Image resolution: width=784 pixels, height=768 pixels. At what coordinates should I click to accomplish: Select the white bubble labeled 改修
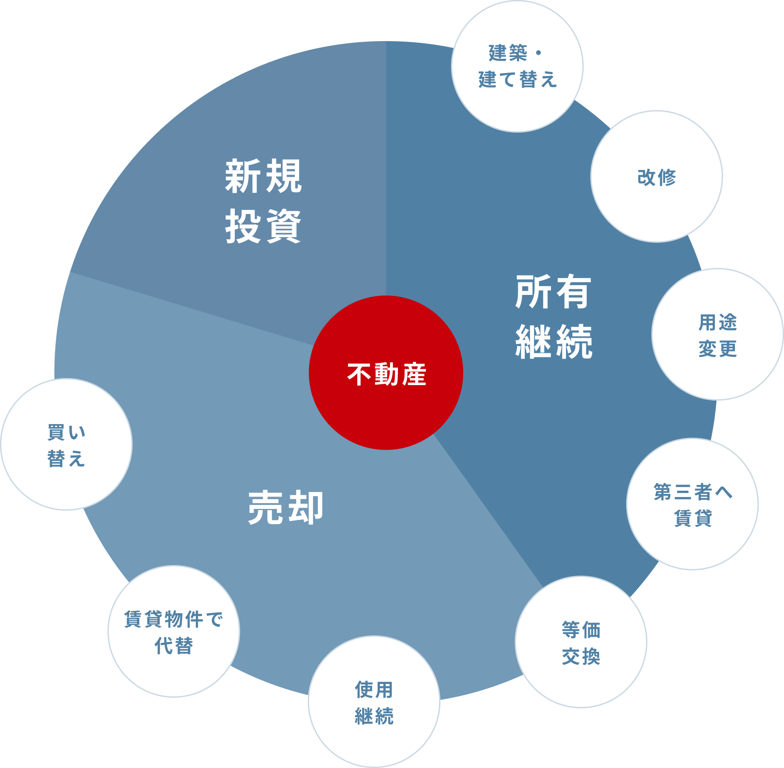[x=657, y=177]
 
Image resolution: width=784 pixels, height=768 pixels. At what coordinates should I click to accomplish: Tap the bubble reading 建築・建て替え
[x=517, y=66]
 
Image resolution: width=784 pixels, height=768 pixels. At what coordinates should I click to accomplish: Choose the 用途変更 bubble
[x=717, y=335]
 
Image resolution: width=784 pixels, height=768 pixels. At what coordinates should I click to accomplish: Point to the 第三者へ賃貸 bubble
[x=692, y=504]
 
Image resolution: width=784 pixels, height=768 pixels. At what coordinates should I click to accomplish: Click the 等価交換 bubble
[x=581, y=642]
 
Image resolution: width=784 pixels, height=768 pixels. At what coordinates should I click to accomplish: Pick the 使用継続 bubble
[x=374, y=702]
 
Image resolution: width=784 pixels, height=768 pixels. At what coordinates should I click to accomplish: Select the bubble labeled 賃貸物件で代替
[x=174, y=632]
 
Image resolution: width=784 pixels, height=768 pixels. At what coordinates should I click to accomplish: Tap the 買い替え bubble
[x=66, y=445]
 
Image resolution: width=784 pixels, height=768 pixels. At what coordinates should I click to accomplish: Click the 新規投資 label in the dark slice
[x=263, y=201]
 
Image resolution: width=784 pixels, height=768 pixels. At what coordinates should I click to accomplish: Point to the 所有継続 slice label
[x=554, y=316]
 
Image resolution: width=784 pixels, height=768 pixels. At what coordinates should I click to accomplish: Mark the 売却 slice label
[x=286, y=508]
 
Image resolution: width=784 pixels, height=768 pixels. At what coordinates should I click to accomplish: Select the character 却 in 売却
[x=306, y=508]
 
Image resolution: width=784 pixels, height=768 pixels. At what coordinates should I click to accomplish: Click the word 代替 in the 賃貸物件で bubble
[x=174, y=646]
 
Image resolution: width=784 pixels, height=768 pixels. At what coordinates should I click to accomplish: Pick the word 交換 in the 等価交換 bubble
[x=581, y=656]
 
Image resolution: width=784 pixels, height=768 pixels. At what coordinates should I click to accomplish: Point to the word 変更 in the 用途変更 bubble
[x=717, y=348]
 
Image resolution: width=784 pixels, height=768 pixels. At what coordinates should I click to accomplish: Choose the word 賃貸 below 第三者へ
[x=692, y=518]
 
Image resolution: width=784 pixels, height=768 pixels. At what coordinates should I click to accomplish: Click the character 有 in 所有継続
[x=573, y=292]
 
